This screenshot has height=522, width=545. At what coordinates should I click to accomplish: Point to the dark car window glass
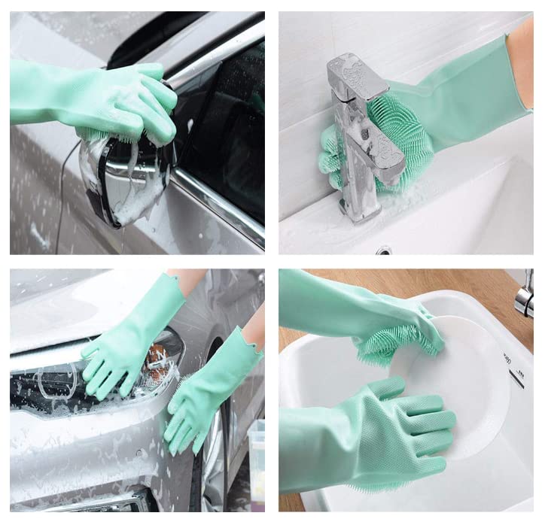tap(226, 135)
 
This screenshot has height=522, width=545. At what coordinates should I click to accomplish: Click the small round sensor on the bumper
tap(140, 454)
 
